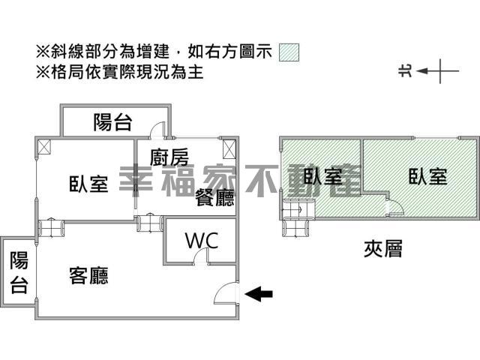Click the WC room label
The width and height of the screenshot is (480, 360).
(202, 241)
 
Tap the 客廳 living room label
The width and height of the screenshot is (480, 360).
(88, 276)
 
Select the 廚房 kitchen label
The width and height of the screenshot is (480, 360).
(169, 157)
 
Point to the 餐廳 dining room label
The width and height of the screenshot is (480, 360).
(215, 197)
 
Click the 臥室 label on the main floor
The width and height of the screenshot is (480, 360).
(88, 184)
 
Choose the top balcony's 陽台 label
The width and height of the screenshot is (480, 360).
(112, 122)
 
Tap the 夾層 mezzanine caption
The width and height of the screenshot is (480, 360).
(383, 248)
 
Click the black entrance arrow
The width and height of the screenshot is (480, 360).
(259, 294)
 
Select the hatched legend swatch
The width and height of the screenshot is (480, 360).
(289, 52)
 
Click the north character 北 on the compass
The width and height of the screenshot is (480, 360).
(406, 71)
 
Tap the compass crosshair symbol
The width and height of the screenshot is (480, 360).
(440, 71)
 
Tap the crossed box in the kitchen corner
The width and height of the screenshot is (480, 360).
(229, 149)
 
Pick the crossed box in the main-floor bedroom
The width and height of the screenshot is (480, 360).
(44, 147)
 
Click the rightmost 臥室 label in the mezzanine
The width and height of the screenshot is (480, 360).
(428, 176)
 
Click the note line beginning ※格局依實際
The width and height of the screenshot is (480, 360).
(119, 72)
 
